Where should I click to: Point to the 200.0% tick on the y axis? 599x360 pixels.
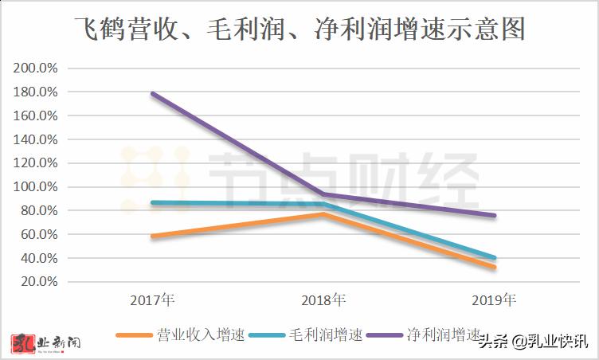click(x=36, y=68)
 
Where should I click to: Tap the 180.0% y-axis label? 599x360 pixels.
click(x=36, y=92)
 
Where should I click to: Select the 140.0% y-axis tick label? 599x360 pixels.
click(x=36, y=139)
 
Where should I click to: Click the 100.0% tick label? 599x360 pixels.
click(x=36, y=187)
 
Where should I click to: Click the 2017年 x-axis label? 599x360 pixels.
click(x=152, y=301)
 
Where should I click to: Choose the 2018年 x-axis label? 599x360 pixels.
click(x=323, y=301)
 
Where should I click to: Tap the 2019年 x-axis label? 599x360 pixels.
click(x=494, y=301)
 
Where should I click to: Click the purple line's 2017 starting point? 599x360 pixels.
click(x=152, y=94)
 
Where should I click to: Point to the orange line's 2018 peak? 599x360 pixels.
click(x=323, y=213)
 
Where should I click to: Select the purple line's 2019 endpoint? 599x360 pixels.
click(x=494, y=215)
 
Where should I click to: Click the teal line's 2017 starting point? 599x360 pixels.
click(x=152, y=202)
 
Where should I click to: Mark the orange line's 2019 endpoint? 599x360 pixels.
click(x=494, y=267)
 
